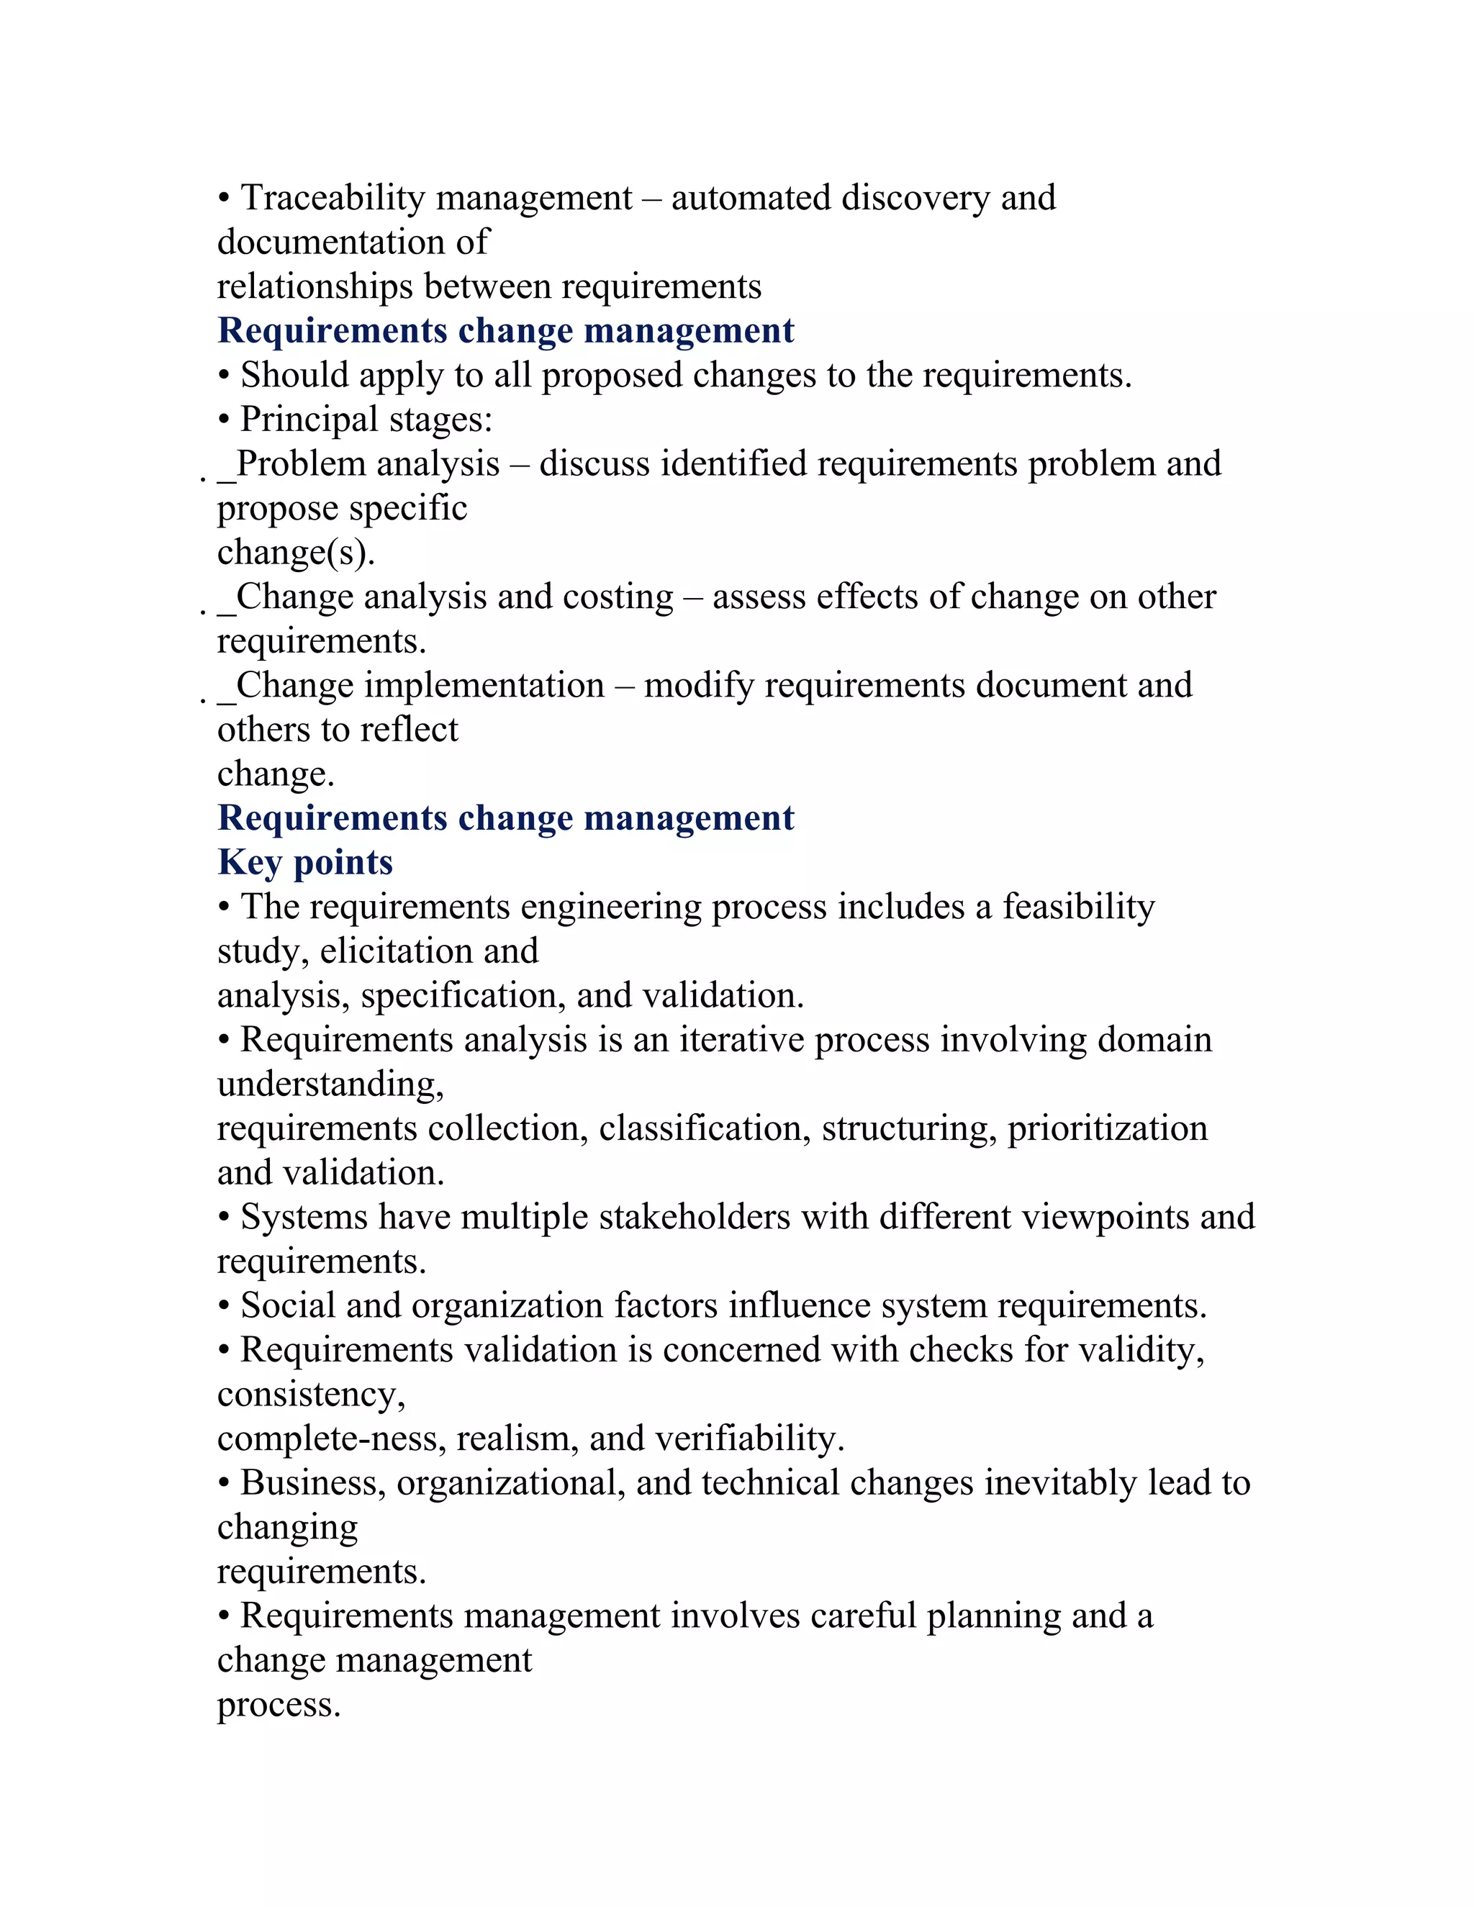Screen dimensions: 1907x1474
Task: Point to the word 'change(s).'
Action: click(x=295, y=553)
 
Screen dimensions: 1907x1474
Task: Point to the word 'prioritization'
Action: click(x=1107, y=1129)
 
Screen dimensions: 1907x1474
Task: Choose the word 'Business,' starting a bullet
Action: click(x=312, y=1484)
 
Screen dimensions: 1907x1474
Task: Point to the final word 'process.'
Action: click(x=279, y=1706)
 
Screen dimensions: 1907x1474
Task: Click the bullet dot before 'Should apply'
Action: click(x=225, y=376)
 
